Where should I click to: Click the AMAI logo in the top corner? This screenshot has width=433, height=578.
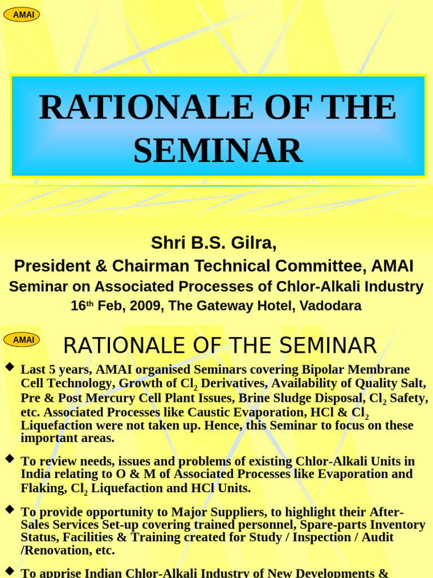pos(21,15)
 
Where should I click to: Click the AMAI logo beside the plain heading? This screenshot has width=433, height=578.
pos(21,339)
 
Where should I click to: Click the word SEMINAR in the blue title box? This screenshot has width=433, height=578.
pos(218,151)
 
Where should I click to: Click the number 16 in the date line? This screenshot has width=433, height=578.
pos(77,306)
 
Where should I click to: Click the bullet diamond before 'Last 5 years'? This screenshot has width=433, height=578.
pos(9,367)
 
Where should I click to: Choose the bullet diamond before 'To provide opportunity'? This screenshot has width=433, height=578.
pos(9,509)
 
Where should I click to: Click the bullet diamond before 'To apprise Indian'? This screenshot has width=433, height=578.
pos(9,571)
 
